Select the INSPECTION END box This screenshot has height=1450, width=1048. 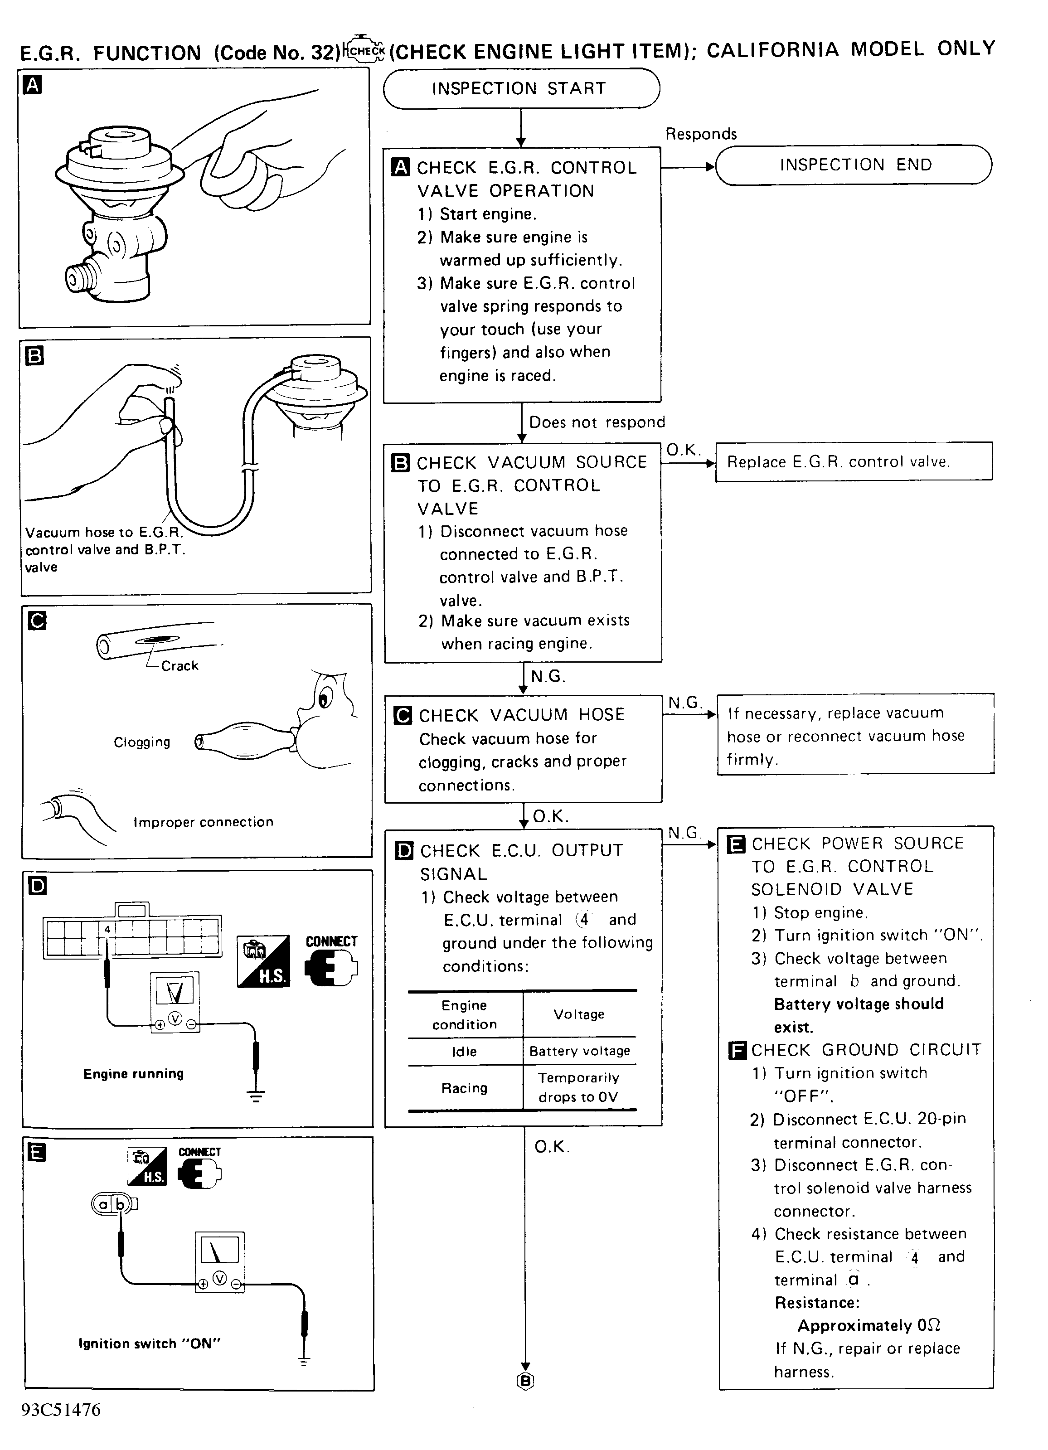[x=854, y=165]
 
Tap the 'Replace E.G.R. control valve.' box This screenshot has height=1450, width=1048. [x=854, y=461]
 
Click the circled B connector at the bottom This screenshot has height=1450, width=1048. [x=525, y=1382]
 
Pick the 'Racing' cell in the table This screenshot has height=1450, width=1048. [x=464, y=1087]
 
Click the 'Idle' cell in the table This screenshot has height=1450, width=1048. [x=464, y=1051]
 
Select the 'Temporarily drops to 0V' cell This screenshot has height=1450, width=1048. [x=579, y=1087]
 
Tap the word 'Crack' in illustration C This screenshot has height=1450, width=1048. [x=180, y=665]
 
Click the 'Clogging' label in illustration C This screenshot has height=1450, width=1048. [x=142, y=742]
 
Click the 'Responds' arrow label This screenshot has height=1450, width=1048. [x=701, y=134]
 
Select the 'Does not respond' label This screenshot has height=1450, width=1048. [x=597, y=422]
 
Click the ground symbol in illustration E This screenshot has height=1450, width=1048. [x=304, y=1361]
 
